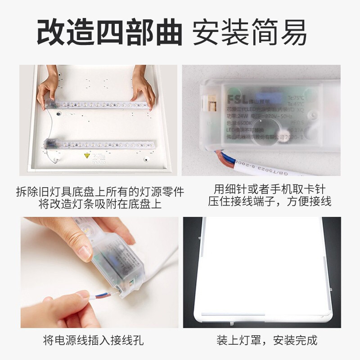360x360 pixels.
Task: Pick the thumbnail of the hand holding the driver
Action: (99, 272)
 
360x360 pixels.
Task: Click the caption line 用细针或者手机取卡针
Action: (269, 188)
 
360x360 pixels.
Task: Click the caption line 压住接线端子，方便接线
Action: (269, 201)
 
